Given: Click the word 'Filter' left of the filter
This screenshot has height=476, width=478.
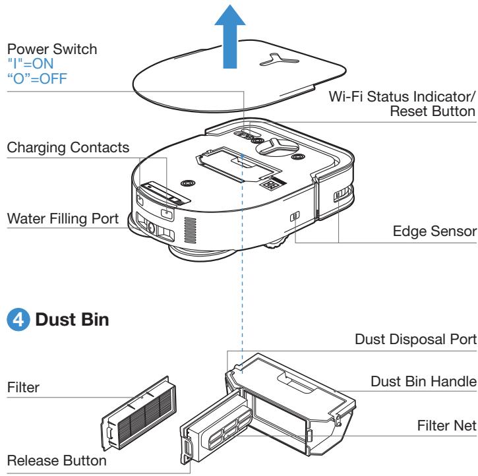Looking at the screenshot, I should [x=20, y=389].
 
